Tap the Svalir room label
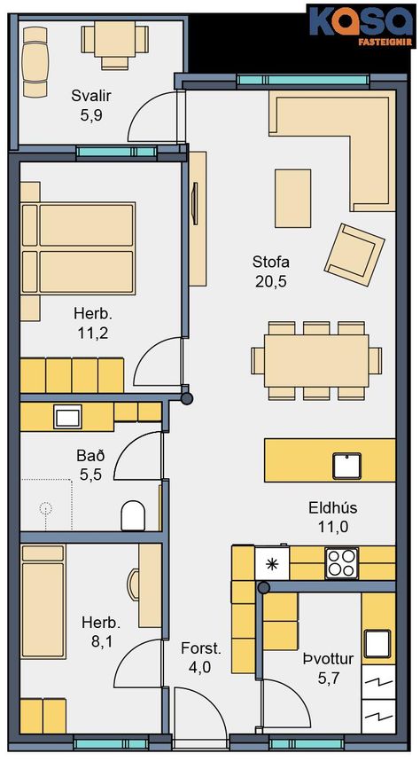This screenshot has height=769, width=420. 91,95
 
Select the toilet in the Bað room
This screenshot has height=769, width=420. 133,515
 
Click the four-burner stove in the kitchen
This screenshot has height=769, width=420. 342,562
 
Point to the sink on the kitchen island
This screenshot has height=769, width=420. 346,466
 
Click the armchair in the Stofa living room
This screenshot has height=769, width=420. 354,254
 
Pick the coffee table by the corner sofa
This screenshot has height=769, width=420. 292,198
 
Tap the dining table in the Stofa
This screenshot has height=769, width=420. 316,360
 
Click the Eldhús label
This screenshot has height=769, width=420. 333,507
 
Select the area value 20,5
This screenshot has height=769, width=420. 270,281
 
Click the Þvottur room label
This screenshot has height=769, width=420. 328,659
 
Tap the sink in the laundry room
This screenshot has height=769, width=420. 377,643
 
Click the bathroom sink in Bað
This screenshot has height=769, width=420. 67,417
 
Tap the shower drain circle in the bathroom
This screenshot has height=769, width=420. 45,508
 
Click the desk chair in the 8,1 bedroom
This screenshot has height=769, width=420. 133,585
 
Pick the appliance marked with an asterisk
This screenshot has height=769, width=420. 272,563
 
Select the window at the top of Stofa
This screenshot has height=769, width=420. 302,80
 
